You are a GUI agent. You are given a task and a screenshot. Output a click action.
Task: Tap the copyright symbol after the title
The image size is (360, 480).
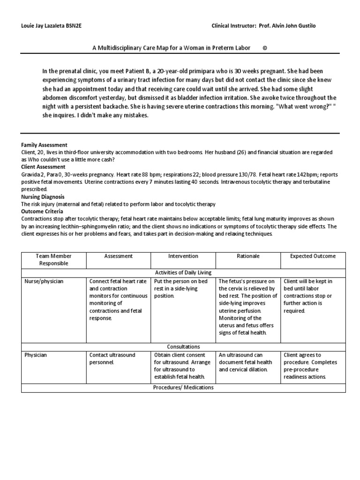265,48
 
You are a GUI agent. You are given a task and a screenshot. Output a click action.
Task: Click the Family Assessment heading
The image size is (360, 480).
45,145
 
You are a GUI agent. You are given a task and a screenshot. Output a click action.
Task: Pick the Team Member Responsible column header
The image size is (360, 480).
54,260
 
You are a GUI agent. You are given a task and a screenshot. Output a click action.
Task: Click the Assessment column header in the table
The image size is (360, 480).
119,256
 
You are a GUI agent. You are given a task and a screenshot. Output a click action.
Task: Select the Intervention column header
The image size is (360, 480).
183,256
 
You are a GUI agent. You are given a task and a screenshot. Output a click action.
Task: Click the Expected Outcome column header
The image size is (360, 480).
313,256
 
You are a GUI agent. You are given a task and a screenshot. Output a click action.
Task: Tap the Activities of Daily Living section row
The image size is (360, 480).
183,272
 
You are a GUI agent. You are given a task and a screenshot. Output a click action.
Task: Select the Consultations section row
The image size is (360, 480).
183,347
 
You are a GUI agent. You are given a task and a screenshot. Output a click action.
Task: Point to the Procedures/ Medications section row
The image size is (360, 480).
183,388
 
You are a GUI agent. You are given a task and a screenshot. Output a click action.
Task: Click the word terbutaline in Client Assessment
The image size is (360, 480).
318,182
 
